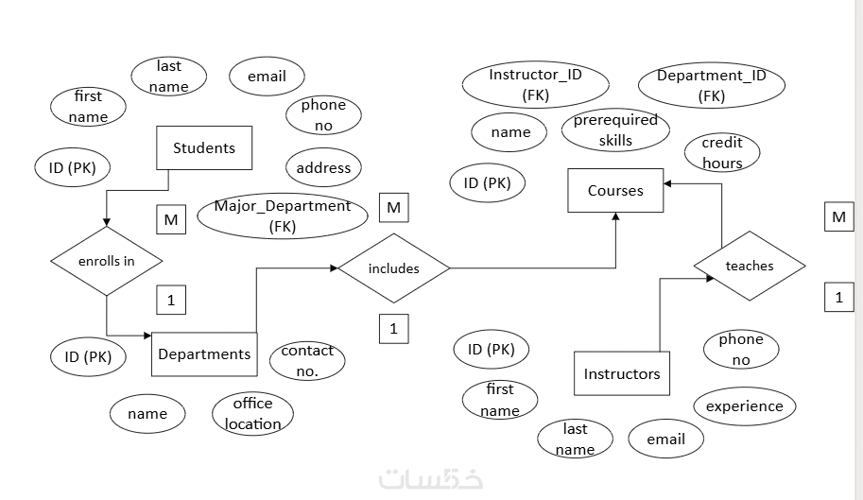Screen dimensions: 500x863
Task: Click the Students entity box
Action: (203, 148)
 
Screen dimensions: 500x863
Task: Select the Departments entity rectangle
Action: (204, 353)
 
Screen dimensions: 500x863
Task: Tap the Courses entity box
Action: (615, 190)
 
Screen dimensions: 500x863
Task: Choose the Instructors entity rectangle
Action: (622, 373)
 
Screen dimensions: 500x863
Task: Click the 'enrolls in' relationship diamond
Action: (107, 261)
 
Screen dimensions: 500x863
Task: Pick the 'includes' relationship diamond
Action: (393, 268)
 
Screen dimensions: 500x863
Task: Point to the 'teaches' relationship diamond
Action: (749, 266)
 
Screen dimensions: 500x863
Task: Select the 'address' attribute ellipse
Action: (323, 168)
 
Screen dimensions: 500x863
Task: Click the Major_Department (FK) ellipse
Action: (283, 216)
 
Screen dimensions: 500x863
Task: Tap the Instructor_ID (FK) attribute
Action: (536, 84)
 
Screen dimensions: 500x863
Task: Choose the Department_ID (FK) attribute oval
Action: (712, 84)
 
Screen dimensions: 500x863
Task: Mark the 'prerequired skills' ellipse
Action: (615, 130)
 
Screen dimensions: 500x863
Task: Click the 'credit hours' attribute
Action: (722, 152)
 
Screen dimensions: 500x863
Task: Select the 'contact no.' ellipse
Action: (307, 360)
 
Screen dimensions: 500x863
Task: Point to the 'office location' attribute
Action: (253, 413)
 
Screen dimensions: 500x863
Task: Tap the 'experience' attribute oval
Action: (745, 406)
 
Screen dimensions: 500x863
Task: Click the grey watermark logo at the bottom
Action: (431, 478)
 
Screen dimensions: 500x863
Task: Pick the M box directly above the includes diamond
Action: (393, 207)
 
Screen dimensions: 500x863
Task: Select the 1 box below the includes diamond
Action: (393, 328)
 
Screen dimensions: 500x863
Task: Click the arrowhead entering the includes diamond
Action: (335, 268)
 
